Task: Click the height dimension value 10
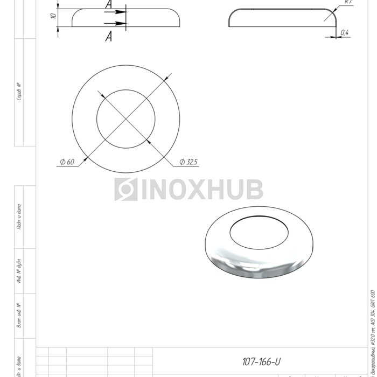coord(53,16)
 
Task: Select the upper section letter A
coord(109,5)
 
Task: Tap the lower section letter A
coord(109,36)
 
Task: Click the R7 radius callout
coord(348,3)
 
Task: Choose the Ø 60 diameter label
coord(67,162)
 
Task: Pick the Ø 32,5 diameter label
coord(189,162)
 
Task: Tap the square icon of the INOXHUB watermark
coord(126,190)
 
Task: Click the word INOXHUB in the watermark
coord(202,190)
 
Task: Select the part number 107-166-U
coord(261,362)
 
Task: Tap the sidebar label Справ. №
coord(19,92)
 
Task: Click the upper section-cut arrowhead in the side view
coord(122,11)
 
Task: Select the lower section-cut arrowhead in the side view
coord(122,23)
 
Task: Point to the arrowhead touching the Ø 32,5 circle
coord(148,141)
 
